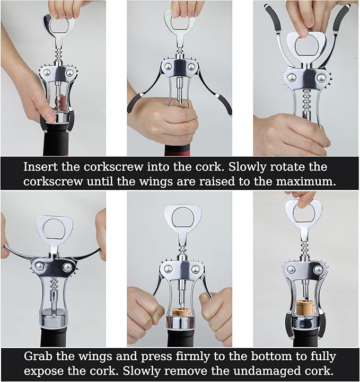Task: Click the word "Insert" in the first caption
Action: (x=39, y=167)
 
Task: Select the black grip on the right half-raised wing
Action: (x=223, y=102)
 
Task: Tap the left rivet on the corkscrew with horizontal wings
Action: (x=40, y=266)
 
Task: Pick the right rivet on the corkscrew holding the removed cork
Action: (x=318, y=270)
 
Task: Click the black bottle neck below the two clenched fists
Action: (x=180, y=339)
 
